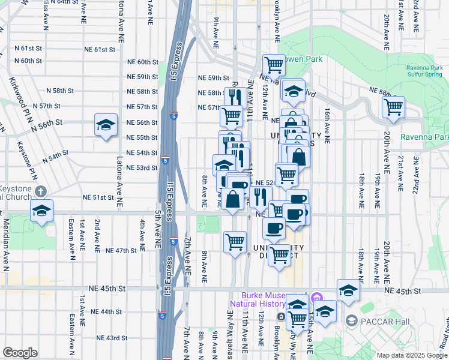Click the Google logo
click(x=20, y=353)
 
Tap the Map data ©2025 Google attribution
click(x=412, y=355)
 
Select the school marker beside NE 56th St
click(x=106, y=125)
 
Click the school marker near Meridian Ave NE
click(x=41, y=211)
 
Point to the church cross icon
click(x=41, y=191)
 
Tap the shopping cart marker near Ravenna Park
click(x=393, y=107)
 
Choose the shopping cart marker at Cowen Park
click(x=273, y=64)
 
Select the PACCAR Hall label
click(x=385, y=322)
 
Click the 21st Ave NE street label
click(x=400, y=169)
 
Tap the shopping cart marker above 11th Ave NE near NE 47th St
click(x=235, y=241)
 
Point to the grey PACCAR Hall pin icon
click(x=351, y=322)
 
